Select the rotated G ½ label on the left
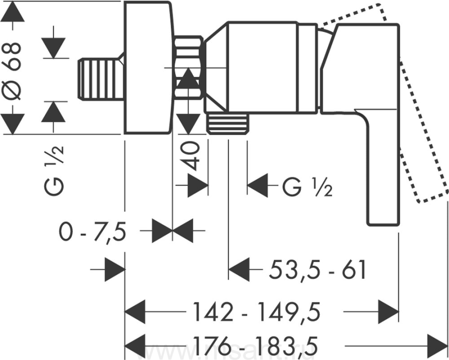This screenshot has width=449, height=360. point(54,170)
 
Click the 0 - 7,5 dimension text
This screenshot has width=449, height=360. point(91,232)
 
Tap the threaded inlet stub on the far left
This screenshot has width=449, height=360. point(100,79)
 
